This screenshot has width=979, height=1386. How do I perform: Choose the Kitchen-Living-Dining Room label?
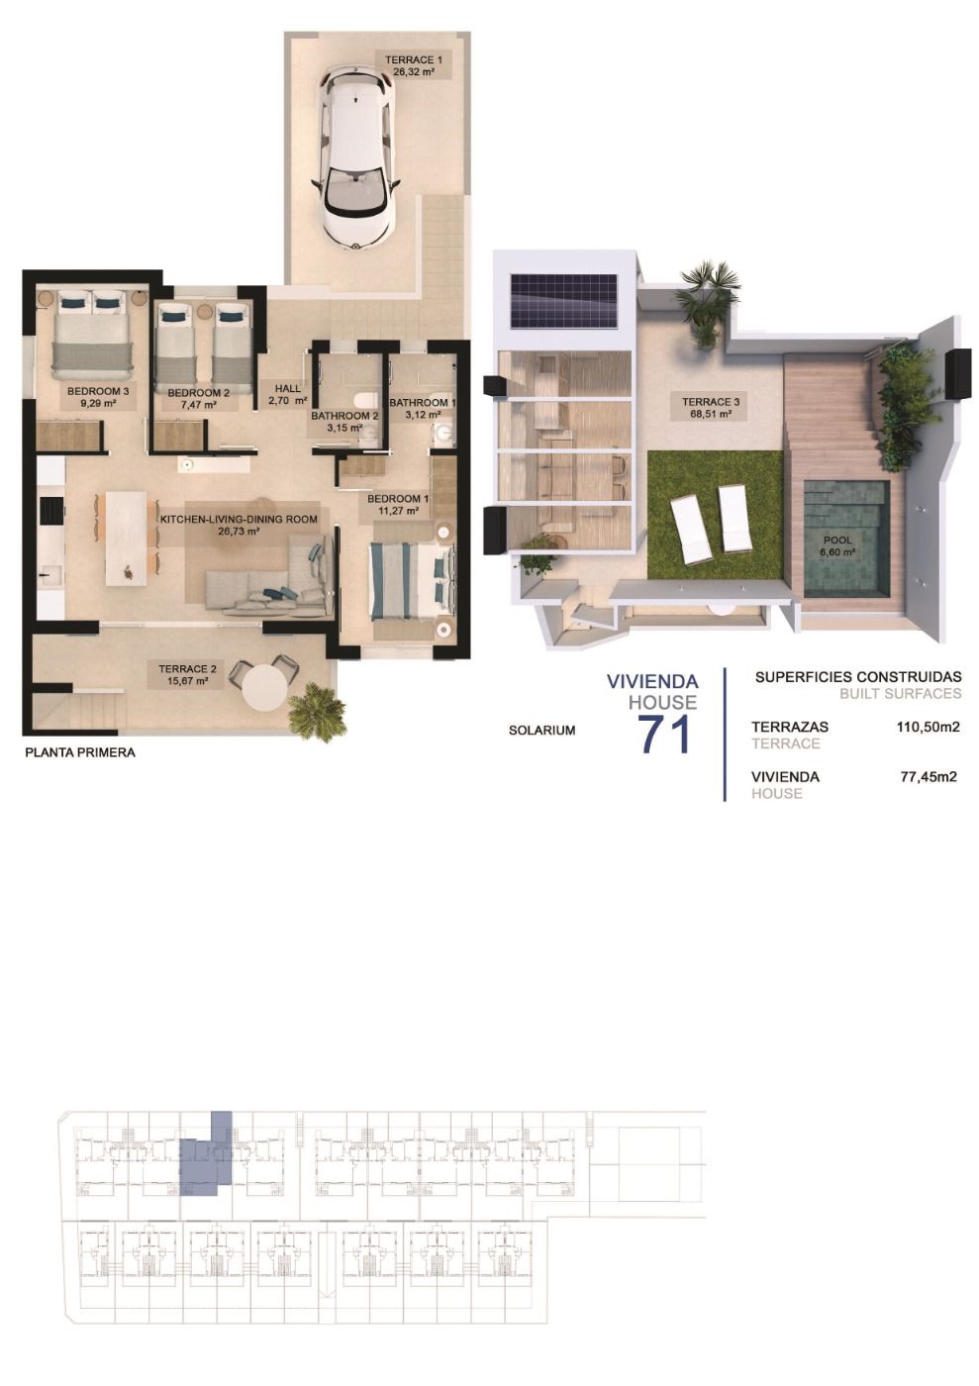239,524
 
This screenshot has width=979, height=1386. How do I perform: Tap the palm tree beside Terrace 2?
315,709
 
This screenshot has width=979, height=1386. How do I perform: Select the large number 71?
664,734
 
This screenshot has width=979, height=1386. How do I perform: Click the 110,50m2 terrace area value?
928,727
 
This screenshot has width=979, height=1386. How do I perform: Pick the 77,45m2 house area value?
928,777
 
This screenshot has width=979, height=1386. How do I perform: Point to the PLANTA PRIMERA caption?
79,752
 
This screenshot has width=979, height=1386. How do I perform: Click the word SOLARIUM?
541,731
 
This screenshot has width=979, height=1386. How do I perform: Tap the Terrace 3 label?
710,408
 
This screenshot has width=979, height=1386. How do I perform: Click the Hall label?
287,394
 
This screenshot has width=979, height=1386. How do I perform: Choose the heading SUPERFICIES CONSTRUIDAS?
857,677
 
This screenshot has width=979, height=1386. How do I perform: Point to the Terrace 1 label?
413,65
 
